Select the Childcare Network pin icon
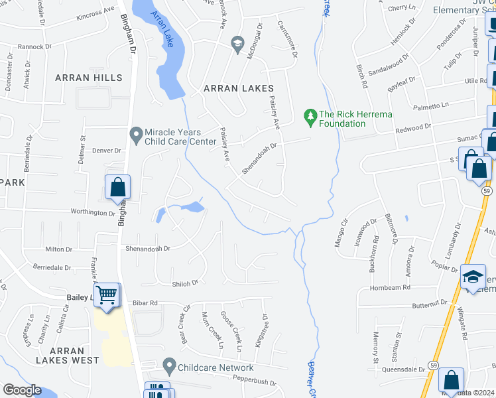169,365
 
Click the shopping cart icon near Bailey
106,294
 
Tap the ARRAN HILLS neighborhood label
89,78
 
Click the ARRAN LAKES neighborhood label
239,88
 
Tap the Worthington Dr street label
93,213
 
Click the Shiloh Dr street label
186,283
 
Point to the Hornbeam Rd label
391,287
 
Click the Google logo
22,390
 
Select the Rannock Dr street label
34,47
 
